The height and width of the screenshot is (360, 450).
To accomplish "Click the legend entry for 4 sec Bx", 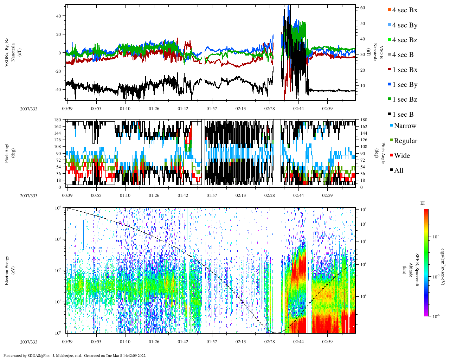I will (404, 10).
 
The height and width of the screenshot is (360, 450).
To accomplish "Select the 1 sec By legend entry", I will (404, 85).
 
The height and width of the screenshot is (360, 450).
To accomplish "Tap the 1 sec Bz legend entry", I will (404, 99).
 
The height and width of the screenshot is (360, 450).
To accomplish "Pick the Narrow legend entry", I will (405, 126).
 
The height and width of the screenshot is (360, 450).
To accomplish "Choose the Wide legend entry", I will (401, 156).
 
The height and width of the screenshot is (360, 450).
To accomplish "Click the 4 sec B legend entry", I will (403, 55).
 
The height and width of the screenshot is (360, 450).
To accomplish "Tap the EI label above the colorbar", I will (423, 203).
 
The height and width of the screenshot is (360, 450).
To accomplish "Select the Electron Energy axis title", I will (7, 270).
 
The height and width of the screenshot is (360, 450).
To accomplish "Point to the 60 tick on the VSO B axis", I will (362, 8).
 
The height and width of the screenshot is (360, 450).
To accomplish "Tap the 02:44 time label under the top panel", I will (298, 109).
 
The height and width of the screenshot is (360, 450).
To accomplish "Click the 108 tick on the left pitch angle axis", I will (58, 147).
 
